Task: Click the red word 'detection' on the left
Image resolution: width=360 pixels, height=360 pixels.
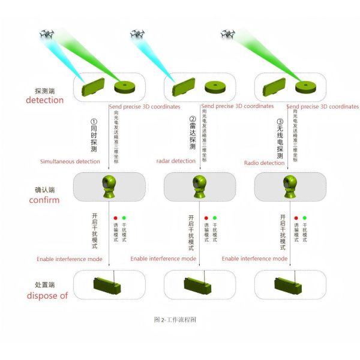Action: pyautogui.click(x=44, y=100)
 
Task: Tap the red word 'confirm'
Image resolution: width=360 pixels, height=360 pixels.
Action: pyautogui.click(x=44, y=200)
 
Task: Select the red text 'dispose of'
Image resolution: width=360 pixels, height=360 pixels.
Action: pyautogui.click(x=47, y=295)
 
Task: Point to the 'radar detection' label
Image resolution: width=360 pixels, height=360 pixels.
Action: pyautogui.click(x=175, y=161)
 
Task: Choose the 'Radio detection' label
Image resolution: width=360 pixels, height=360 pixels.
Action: pyautogui.click(x=265, y=163)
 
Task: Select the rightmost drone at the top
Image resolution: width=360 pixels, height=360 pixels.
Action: pyautogui.click(x=227, y=34)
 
